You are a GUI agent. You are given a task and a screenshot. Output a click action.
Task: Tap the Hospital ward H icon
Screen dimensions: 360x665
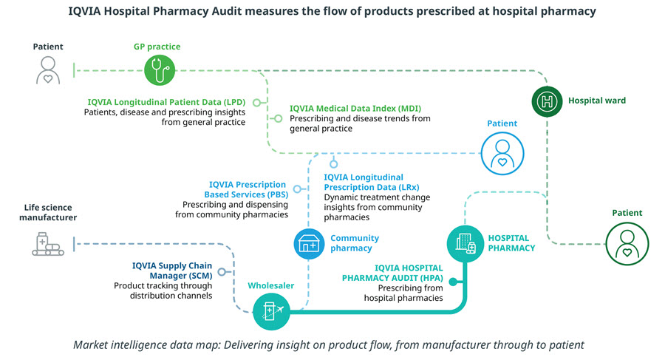(548, 101)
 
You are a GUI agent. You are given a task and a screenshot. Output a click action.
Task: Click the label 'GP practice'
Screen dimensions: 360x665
(156, 47)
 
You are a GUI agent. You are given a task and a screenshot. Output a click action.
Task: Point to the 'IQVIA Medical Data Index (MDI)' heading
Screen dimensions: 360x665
(351, 108)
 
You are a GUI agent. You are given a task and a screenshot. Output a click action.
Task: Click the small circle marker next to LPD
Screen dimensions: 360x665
(258, 102)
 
